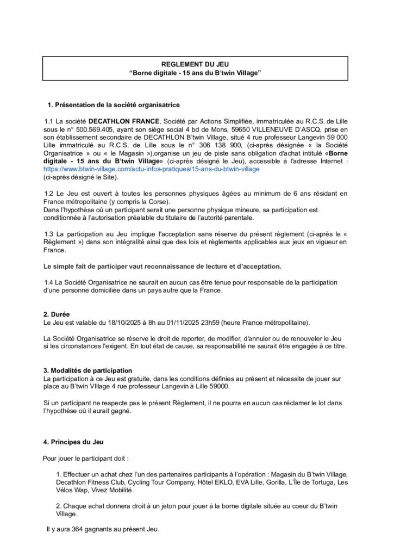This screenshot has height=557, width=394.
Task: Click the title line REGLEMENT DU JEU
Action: pos(196,64)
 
